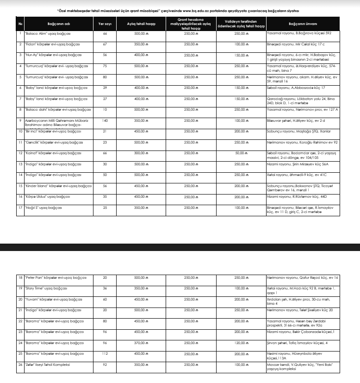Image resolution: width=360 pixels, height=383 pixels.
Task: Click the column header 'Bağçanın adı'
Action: [58, 23]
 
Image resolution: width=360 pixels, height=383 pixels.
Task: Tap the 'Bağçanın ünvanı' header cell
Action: [303, 23]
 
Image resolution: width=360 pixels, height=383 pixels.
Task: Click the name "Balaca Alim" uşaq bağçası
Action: [46, 33]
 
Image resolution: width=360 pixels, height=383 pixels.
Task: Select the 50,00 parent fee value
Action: [239, 153]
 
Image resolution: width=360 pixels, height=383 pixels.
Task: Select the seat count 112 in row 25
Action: [105, 354]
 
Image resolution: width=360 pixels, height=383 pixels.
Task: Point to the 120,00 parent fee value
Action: [239, 343]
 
